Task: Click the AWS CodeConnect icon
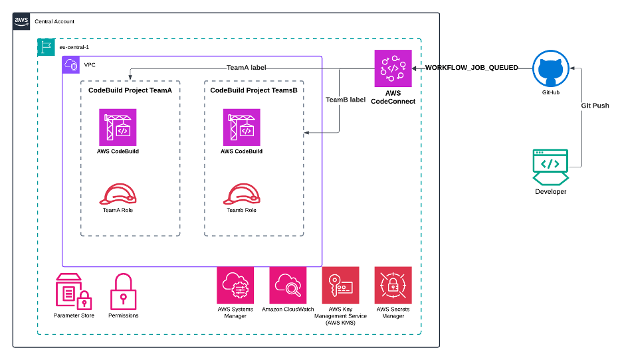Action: [393, 68]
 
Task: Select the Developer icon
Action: [550, 167]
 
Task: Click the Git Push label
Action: [595, 106]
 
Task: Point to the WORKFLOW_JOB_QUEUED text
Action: [471, 68]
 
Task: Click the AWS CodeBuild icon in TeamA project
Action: [118, 127]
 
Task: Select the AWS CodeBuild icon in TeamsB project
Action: [241, 127]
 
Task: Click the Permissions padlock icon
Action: [123, 292]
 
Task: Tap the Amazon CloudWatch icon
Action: [288, 285]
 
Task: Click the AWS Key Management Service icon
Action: [340, 285]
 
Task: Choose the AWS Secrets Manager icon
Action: [393, 285]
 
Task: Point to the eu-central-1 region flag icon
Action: [46, 47]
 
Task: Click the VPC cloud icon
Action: [71, 65]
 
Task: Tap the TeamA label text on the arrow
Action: [247, 68]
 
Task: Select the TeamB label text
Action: [345, 100]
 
